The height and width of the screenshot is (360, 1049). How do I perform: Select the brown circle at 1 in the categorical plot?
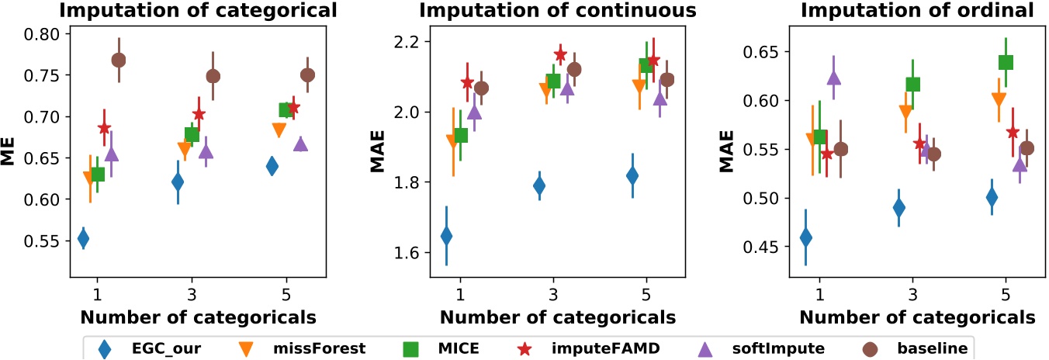coord(119,60)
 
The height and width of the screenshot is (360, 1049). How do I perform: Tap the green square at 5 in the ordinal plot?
coord(1006,62)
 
